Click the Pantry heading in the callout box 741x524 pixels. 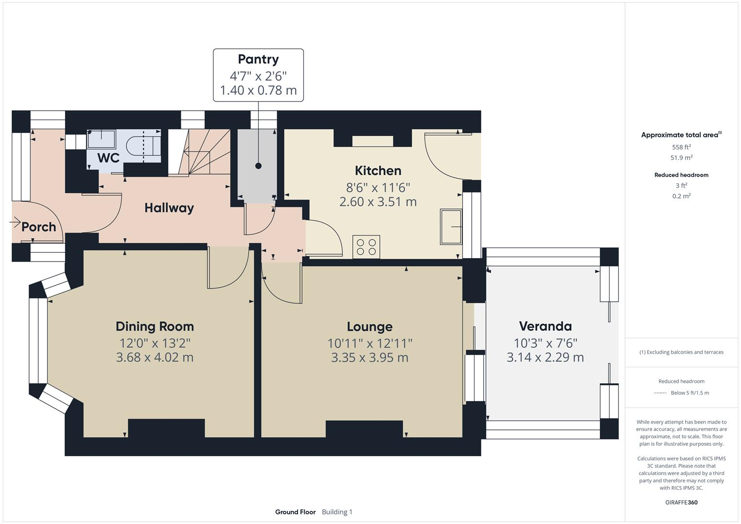(258, 59)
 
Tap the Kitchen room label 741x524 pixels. (378, 171)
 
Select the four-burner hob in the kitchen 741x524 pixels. (366, 247)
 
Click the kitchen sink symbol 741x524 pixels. (451, 227)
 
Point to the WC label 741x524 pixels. (108, 158)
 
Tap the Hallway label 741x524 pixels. (169, 208)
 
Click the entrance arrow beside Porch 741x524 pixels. (15, 222)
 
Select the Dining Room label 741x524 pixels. (155, 327)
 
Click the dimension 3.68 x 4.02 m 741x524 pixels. (155, 357)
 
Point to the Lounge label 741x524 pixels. (370, 327)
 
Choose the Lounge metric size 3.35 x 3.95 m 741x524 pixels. (370, 358)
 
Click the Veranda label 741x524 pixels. (545, 327)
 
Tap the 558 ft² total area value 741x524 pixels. (681, 147)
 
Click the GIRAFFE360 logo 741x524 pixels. (681, 502)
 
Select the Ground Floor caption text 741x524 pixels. (296, 512)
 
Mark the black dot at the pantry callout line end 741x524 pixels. (258, 166)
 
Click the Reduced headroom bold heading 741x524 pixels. (681, 175)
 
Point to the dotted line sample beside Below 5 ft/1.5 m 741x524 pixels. (660, 393)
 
